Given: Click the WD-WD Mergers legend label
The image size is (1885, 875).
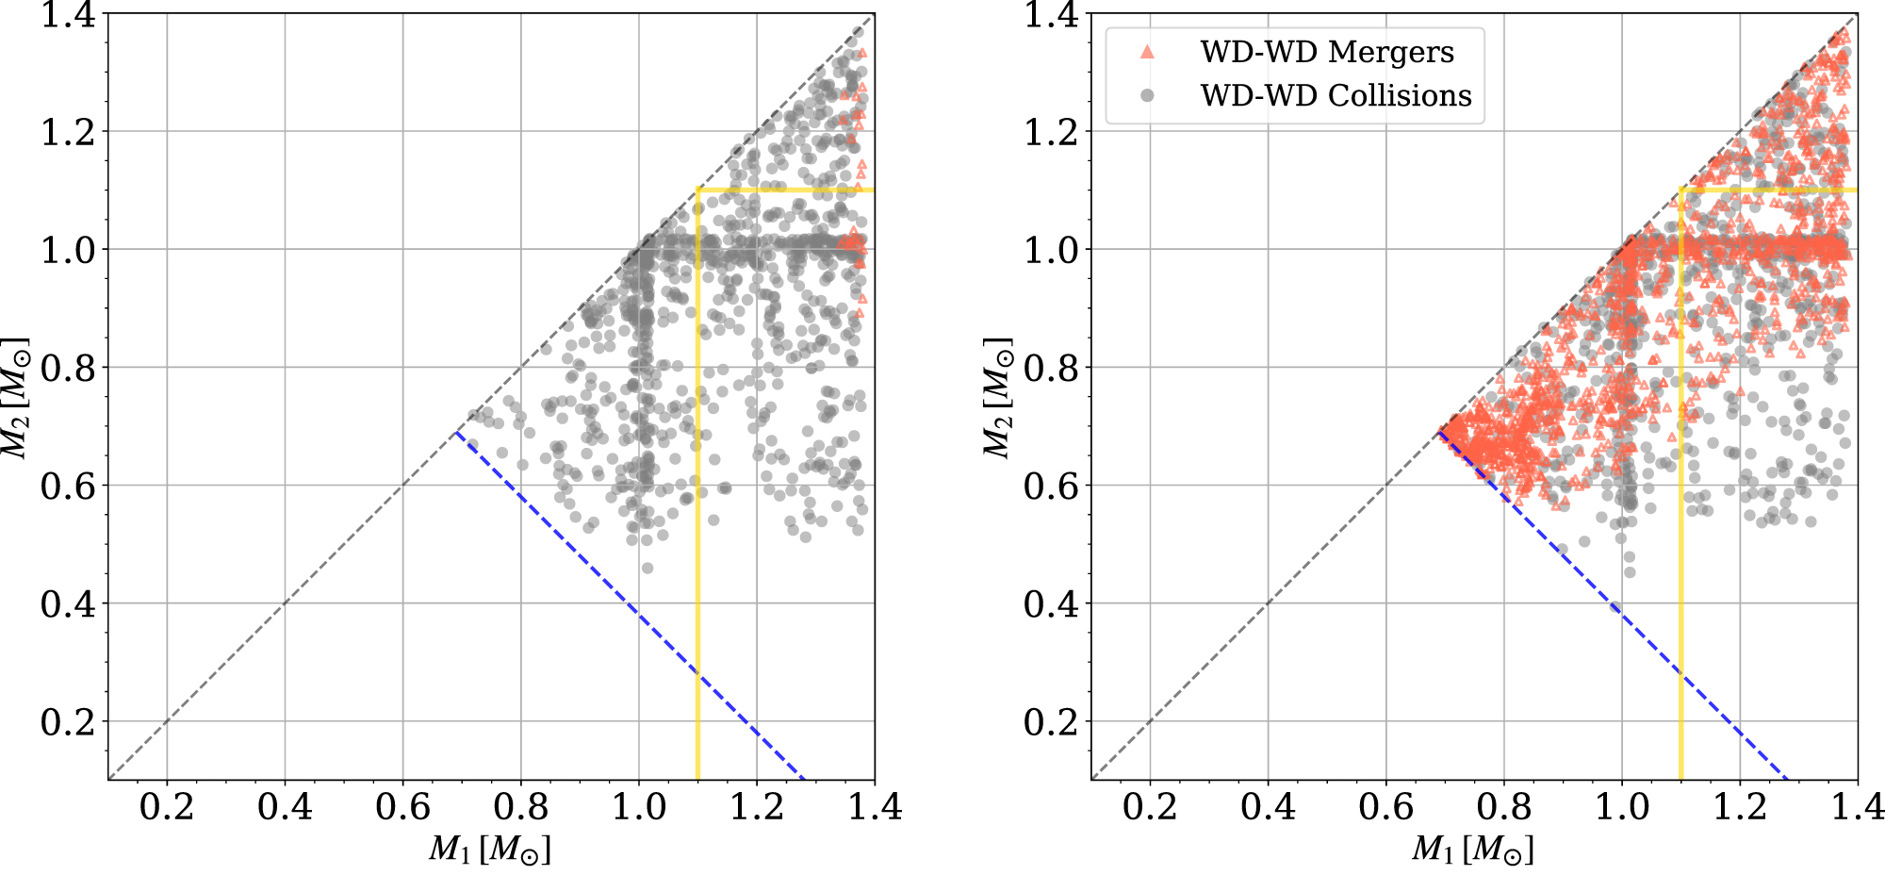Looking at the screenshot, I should pyautogui.click(x=1326, y=52).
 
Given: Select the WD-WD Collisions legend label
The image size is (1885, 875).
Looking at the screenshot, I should pyautogui.click(x=1336, y=95).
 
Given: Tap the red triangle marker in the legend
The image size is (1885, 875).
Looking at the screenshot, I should pyautogui.click(x=1147, y=52).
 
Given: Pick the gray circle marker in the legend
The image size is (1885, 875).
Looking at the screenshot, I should pyautogui.click(x=1147, y=95).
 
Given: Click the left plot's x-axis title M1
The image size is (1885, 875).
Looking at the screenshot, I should pyautogui.click(x=489, y=850).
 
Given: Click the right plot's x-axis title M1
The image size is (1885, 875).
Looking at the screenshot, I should pyautogui.click(x=1472, y=850).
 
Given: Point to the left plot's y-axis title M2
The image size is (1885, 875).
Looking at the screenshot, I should pyautogui.click(x=16, y=397).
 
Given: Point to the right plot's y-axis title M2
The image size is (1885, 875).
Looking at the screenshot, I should pyautogui.click(x=999, y=397).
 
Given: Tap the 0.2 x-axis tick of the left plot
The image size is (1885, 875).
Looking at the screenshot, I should pyautogui.click(x=167, y=807).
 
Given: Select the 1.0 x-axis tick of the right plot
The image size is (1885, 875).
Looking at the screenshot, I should pyautogui.click(x=1621, y=807).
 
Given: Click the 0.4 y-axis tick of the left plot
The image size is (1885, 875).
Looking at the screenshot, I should pyautogui.click(x=68, y=603).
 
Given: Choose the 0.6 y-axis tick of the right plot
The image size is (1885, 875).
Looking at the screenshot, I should pyautogui.click(x=1051, y=486).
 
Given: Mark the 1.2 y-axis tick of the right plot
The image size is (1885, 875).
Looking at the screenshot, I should pyautogui.click(x=1051, y=132).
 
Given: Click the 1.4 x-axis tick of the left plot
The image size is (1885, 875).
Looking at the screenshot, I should pyautogui.click(x=874, y=807).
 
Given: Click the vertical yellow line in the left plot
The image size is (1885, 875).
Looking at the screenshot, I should pyautogui.click(x=697, y=613).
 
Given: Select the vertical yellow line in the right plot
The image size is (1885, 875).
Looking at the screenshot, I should pyautogui.click(x=1680, y=613).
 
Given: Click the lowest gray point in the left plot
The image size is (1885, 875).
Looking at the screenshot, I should pyautogui.click(x=647, y=568).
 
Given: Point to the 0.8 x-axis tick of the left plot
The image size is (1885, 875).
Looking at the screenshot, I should pyautogui.click(x=520, y=807).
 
